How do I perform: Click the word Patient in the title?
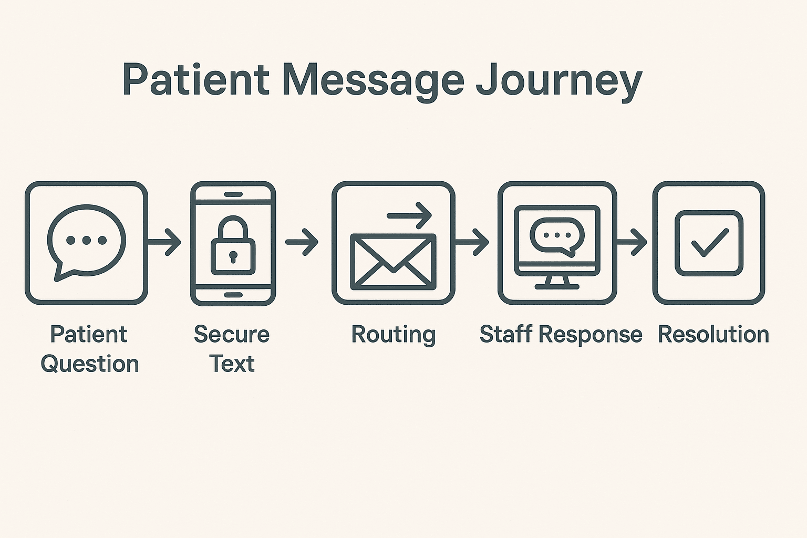(195, 80)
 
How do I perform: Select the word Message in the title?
(373, 80)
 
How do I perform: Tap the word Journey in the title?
(559, 80)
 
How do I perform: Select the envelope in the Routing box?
(393, 262)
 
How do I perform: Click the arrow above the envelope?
(409, 215)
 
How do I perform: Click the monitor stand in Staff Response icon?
(557, 283)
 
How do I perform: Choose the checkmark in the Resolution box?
(709, 243)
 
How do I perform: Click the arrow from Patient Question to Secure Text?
(165, 242)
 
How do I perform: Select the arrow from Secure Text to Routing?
(302, 242)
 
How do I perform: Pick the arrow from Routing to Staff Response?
(473, 242)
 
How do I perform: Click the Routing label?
(393, 335)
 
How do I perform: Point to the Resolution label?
(713, 335)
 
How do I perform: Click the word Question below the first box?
(90, 364)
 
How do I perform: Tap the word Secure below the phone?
(232, 335)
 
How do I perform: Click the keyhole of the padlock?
(233, 257)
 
